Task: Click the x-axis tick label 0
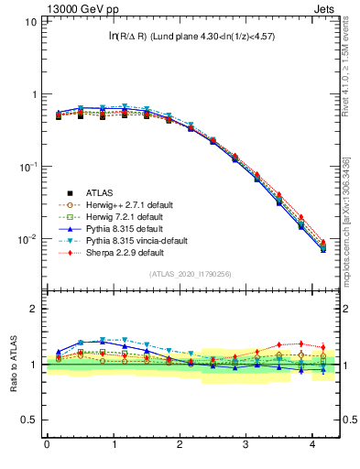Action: coord(47,445)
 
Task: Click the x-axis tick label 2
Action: coord(180,445)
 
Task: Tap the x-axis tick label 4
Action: coord(312,445)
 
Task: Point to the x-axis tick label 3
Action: coord(246,445)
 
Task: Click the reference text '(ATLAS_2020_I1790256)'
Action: coord(190,274)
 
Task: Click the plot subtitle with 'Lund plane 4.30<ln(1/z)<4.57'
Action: coord(192,36)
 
